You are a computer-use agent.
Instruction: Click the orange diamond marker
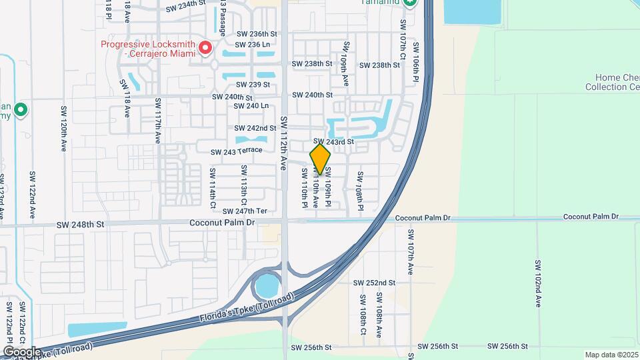(x=320, y=159)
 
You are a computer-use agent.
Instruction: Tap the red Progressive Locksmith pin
(x=205, y=47)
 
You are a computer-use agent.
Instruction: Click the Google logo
(x=22, y=351)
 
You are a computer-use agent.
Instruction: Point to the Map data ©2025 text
(x=611, y=355)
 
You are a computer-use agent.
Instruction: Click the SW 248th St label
(x=81, y=225)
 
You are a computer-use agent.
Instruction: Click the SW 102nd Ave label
(x=537, y=283)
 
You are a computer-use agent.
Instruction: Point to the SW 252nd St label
(x=375, y=283)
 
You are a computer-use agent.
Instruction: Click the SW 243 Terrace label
(x=236, y=151)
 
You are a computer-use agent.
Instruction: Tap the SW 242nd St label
(x=255, y=128)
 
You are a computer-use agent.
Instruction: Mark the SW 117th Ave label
(x=158, y=121)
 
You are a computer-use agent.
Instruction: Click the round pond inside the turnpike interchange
(x=267, y=287)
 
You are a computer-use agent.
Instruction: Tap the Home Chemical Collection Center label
(x=612, y=83)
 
